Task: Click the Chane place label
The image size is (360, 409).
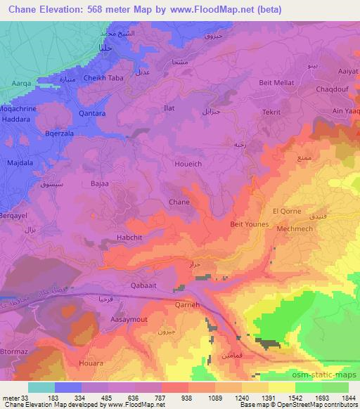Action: (179, 202)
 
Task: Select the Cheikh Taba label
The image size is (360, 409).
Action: (103, 79)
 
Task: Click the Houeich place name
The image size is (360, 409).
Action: (186, 162)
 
